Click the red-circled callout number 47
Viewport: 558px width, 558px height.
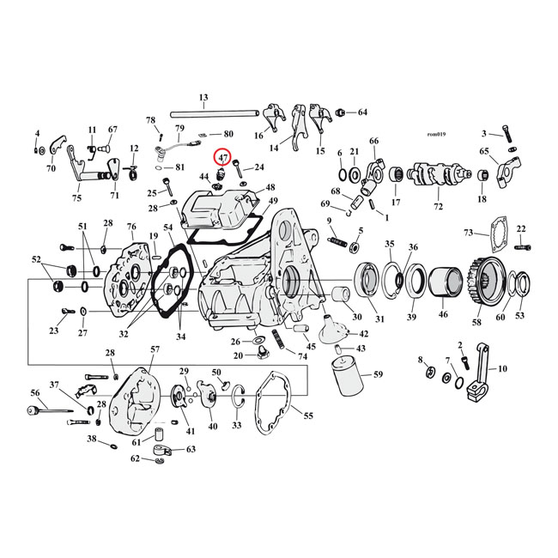pyautogui.click(x=222, y=158)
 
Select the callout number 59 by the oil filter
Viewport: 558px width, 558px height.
pyautogui.click(x=378, y=374)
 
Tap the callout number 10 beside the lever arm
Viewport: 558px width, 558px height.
pyautogui.click(x=502, y=368)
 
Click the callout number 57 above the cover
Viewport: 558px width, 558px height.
pyautogui.click(x=155, y=349)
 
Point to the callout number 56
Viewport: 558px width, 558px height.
pyautogui.click(x=35, y=393)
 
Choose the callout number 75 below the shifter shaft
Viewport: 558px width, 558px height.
pyautogui.click(x=77, y=198)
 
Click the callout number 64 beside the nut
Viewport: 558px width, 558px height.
pyautogui.click(x=361, y=112)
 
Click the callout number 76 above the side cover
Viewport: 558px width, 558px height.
pyautogui.click(x=132, y=227)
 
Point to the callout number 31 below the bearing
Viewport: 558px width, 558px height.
pyautogui.click(x=379, y=319)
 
